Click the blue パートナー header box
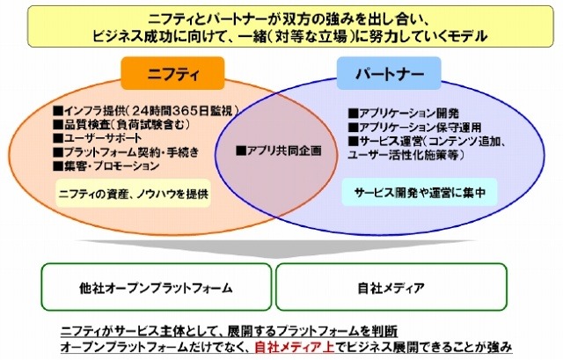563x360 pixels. [x=380, y=73]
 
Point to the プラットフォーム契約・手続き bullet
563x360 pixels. [x=119, y=151]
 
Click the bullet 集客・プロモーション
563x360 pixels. [x=103, y=165]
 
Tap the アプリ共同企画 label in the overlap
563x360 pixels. [x=279, y=151]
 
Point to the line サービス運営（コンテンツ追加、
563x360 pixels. [x=423, y=141]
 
